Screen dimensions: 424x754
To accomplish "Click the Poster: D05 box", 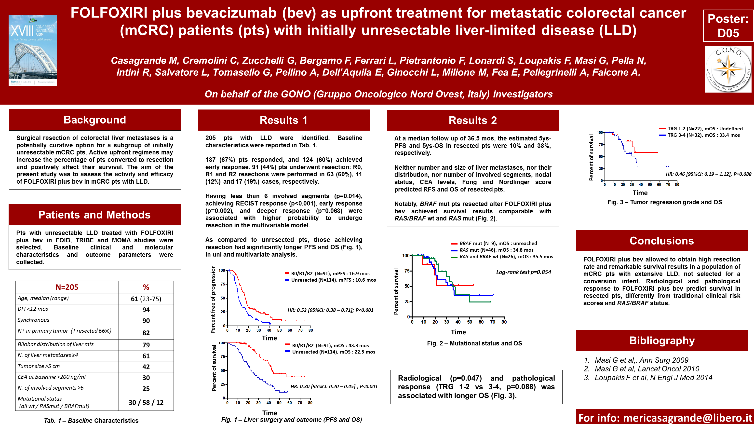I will point(728,26).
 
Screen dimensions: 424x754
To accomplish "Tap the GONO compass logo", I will point(728,69).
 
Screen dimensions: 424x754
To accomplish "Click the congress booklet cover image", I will point(32,50).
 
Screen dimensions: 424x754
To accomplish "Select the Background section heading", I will point(95,120).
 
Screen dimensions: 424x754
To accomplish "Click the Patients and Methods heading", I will point(94,215).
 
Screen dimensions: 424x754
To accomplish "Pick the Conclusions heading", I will point(661,241).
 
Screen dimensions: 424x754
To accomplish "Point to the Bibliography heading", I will point(662,341).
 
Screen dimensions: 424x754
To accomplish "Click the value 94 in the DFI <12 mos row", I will point(146,310).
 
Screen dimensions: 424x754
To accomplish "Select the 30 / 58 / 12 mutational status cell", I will point(146,402).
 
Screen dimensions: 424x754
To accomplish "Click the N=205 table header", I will point(67,287).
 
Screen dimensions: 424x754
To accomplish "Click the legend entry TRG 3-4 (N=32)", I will point(703,135).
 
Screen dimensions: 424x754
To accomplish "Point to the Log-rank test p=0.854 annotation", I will point(523,272).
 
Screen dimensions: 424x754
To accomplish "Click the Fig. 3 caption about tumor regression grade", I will point(664,202).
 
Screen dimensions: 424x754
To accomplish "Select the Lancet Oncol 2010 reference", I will point(647,369).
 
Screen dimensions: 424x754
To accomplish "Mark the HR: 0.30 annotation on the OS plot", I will point(334,386).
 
